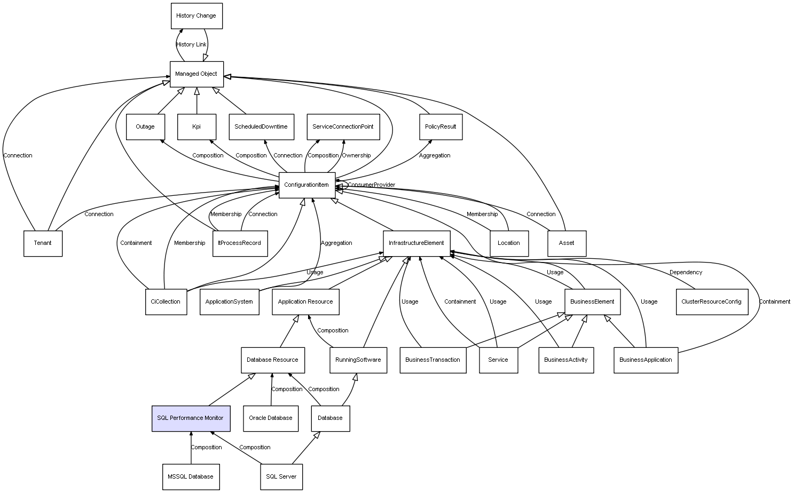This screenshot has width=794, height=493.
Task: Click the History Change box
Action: point(196,16)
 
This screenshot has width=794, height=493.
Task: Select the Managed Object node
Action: point(196,74)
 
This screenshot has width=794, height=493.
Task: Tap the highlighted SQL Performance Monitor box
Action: point(191,418)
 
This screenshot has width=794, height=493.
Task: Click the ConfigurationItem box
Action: point(307,185)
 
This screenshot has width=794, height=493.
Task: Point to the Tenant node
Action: point(43,243)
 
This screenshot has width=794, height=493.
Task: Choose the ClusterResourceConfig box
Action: point(712,302)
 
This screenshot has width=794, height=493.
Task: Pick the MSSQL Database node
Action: point(191,476)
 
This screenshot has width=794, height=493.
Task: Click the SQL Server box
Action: point(281,476)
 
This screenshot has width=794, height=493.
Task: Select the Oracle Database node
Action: point(271,418)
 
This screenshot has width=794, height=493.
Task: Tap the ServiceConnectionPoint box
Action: point(343,127)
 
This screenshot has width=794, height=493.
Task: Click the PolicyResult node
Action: point(441,127)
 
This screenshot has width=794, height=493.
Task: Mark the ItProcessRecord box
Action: point(240,243)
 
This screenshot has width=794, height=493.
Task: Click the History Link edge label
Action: point(191,45)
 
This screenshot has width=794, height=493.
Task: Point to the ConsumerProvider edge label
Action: point(371,185)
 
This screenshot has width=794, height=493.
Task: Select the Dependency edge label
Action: point(686,272)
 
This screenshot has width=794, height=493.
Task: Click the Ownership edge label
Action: point(356,155)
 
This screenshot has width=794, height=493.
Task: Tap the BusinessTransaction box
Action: point(433,360)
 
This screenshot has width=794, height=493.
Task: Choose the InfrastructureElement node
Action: point(416,243)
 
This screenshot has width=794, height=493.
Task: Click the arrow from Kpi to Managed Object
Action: point(196,101)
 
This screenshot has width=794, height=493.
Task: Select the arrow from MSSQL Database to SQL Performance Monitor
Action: point(191,448)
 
